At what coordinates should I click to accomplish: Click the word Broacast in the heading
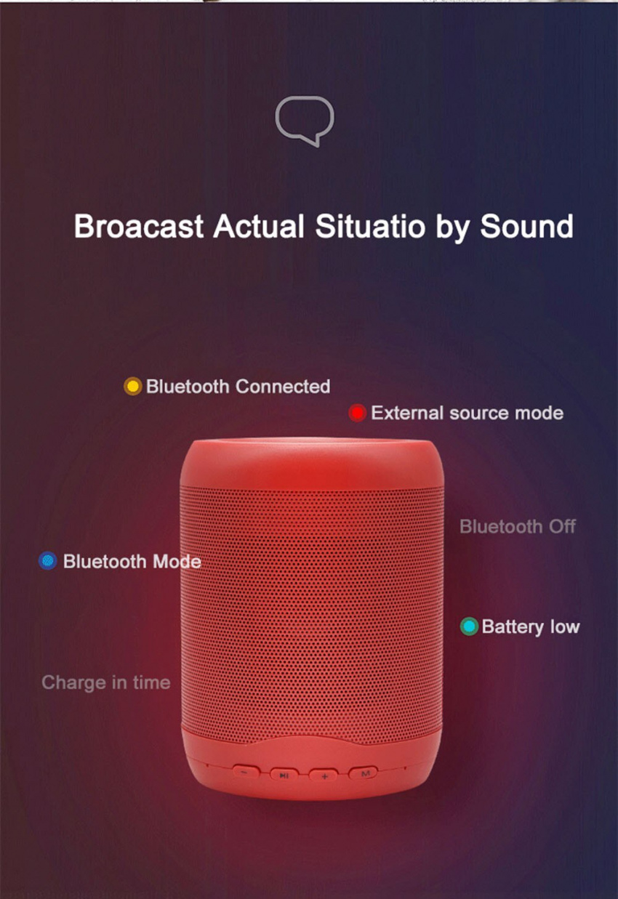[x=139, y=226]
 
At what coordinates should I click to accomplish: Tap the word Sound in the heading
[x=527, y=226]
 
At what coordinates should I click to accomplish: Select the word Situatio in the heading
[x=370, y=226]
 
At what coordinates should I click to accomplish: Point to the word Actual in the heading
[x=259, y=226]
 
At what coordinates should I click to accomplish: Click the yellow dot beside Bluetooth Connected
[x=133, y=387]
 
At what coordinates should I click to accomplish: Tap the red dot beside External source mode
[x=358, y=413]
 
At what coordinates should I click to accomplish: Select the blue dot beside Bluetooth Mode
[x=48, y=560]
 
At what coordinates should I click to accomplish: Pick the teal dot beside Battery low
[x=469, y=626]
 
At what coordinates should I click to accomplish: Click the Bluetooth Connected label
[x=238, y=387]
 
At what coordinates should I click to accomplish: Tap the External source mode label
[x=467, y=413]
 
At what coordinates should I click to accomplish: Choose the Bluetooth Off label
[x=518, y=527]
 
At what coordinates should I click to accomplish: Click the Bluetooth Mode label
[x=132, y=562]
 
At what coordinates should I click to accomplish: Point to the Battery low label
[x=531, y=627]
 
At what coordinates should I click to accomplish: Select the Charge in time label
[x=106, y=682]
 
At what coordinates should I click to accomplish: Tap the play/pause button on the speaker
[x=284, y=775]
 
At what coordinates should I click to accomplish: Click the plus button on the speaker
[x=324, y=775]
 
